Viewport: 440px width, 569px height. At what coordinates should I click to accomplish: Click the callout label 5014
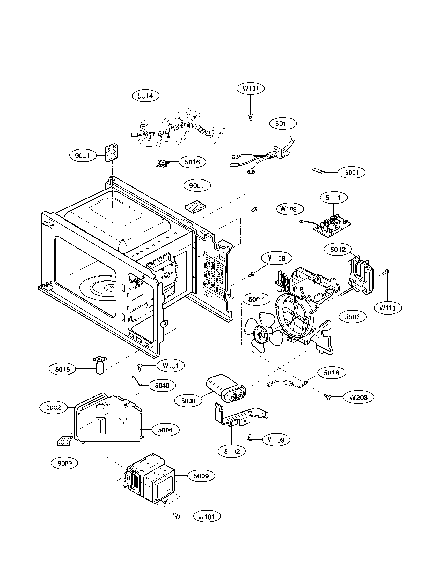(145, 96)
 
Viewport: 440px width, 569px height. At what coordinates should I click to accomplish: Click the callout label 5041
(333, 198)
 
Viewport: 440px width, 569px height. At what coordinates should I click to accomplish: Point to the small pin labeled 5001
(319, 171)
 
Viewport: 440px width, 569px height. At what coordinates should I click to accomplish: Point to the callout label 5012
(338, 249)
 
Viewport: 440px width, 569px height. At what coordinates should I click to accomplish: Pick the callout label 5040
(162, 385)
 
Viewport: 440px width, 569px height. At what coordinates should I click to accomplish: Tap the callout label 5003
(353, 317)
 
